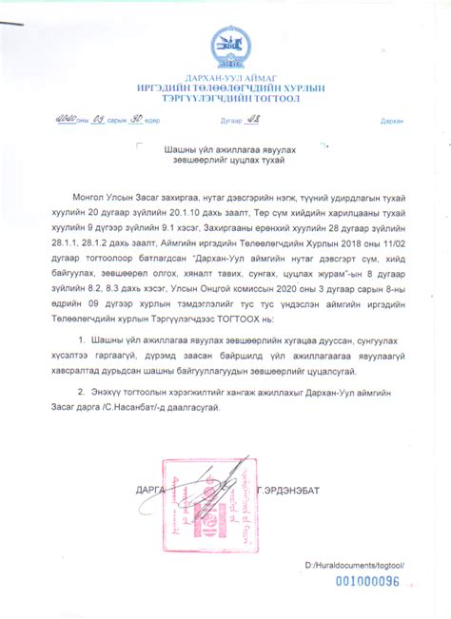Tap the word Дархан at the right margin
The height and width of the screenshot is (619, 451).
[391, 122]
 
